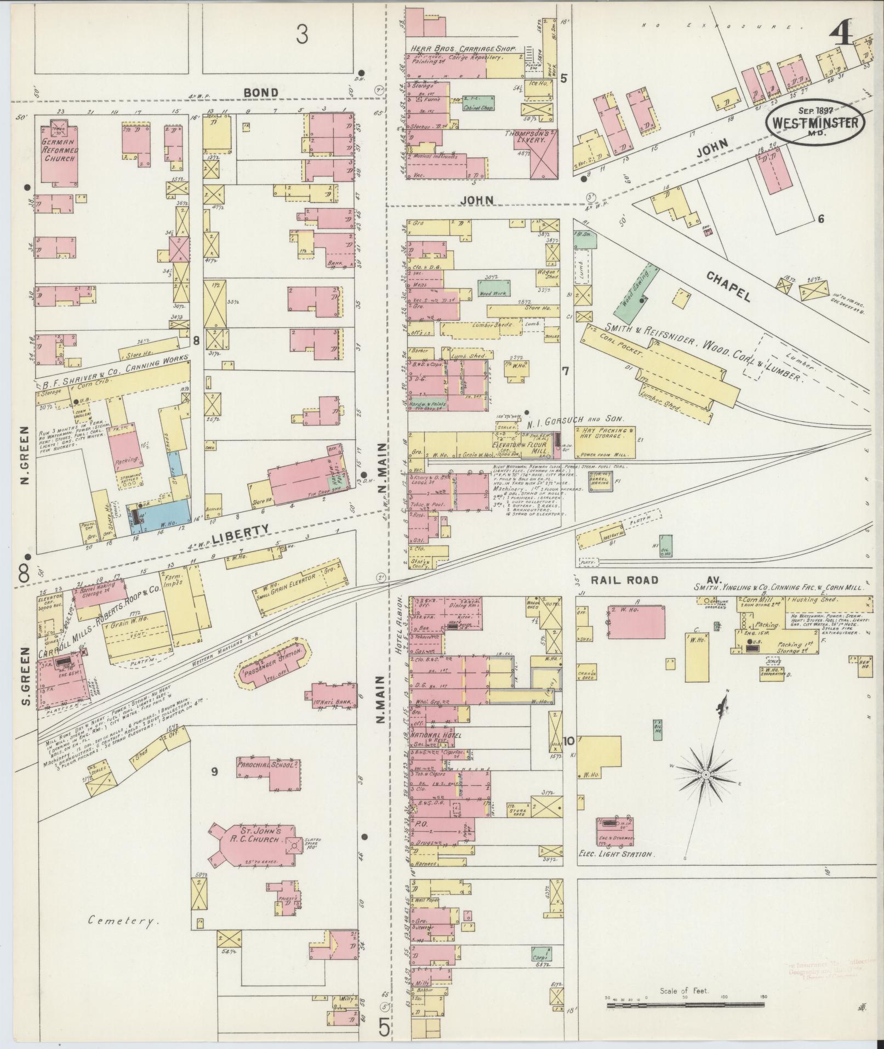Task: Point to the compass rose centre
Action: (x=706, y=774)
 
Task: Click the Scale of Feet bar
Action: (x=685, y=1005)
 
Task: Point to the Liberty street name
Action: (x=241, y=531)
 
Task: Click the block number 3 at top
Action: (x=301, y=35)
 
